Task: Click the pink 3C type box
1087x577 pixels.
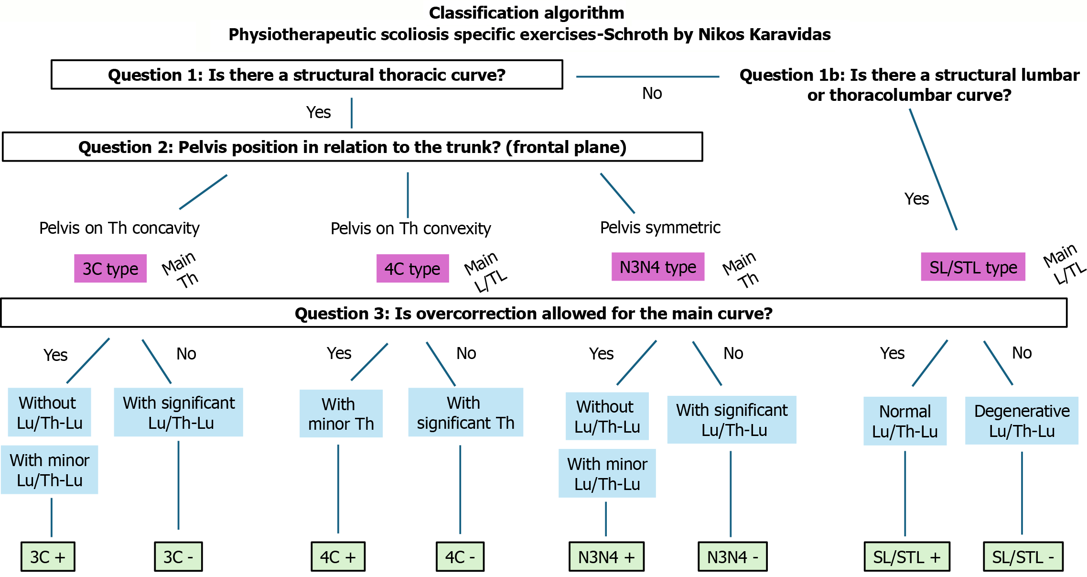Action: pos(110,269)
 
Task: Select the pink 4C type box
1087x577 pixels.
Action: pos(412,269)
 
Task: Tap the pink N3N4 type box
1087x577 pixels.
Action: pos(658,267)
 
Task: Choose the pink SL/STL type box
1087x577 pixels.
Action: pos(973,267)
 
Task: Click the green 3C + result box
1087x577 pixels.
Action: pos(48,557)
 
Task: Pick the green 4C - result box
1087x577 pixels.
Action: pos(460,557)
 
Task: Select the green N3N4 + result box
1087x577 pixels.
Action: pos(606,557)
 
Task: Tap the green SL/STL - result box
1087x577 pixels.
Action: pos(1023,557)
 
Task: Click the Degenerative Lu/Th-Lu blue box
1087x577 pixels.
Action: pos(1022,421)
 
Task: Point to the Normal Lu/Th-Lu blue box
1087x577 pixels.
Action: pos(905,421)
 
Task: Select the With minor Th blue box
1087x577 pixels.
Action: pos(341,414)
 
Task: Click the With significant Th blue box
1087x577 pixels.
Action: pos(465,413)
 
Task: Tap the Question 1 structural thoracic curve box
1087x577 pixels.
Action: pos(307,75)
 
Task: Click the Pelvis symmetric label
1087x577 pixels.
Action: pos(660,228)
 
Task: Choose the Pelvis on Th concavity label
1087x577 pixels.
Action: pos(119,228)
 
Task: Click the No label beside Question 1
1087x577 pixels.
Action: pos(652,93)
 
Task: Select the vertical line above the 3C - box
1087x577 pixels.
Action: pos(179,485)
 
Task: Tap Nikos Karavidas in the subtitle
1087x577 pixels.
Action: pos(764,34)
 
